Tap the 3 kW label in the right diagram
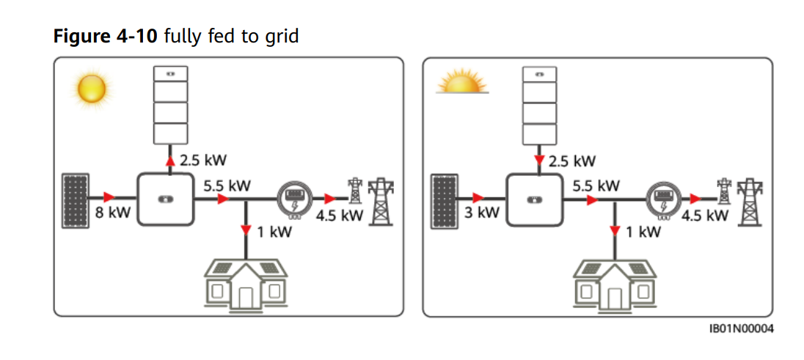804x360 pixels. click(482, 213)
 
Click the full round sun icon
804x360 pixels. click(92, 89)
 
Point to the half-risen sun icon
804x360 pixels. click(462, 82)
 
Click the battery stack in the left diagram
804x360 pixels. click(170, 105)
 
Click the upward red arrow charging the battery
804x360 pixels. click(170, 161)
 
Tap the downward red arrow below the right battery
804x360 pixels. click(538, 161)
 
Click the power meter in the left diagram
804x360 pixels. click(294, 198)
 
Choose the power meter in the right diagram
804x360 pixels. click(663, 198)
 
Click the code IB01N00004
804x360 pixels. click(741, 328)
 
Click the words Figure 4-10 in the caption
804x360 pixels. click(105, 36)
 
